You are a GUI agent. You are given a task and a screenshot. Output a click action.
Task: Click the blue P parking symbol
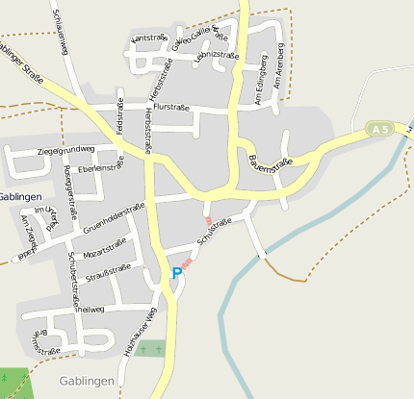pyautogui.click(x=176, y=274)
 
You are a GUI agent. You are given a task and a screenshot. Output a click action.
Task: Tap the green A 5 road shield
pyautogui.click(x=380, y=128)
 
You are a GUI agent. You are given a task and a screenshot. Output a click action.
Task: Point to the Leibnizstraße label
pyautogui.click(x=216, y=56)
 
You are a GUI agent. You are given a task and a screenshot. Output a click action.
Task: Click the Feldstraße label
pyautogui.click(x=120, y=114)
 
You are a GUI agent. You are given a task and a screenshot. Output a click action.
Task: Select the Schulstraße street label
pyautogui.click(x=214, y=232)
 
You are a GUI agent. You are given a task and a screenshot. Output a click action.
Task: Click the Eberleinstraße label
pyautogui.click(x=101, y=167)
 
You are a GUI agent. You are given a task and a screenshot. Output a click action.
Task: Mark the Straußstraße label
pyautogui.click(x=108, y=272)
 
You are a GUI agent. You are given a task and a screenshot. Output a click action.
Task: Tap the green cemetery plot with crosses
pyautogui.click(x=149, y=349)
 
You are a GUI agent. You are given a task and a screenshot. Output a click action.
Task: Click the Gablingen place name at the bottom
pyautogui.click(x=87, y=381)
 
